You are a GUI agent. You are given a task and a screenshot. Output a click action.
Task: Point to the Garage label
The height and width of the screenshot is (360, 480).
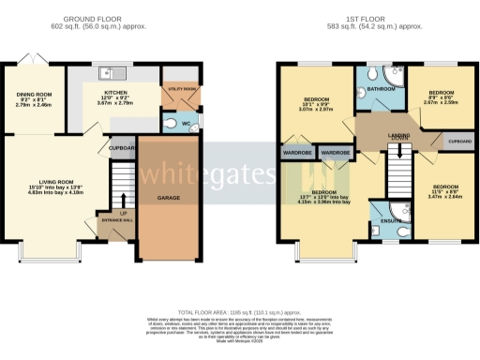[169, 198]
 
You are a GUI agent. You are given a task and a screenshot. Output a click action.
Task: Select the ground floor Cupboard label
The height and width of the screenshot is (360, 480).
[121, 147]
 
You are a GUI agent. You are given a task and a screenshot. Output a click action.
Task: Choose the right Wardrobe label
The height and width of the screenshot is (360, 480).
[335, 151]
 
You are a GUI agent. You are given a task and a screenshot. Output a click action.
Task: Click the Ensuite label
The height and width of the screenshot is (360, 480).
[379, 220]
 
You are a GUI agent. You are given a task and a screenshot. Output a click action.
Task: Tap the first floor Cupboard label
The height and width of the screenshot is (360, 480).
[458, 142]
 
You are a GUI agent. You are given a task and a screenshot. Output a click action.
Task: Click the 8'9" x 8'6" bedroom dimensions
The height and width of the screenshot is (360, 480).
[439, 102]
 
